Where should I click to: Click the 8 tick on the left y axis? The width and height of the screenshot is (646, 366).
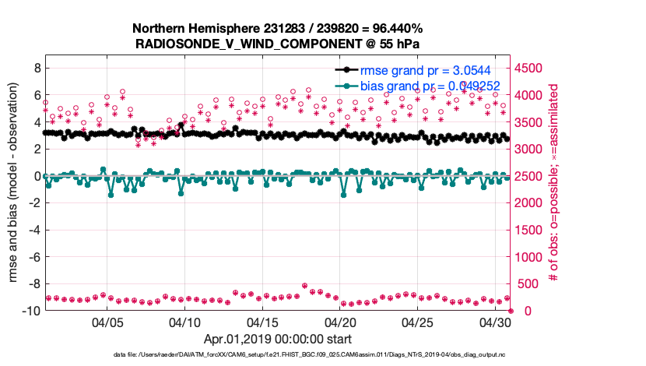[36, 69]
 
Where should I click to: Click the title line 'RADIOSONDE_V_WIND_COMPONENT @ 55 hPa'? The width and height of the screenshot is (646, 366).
[277, 43]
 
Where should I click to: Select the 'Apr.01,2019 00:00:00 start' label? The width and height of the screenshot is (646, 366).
[277, 339]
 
